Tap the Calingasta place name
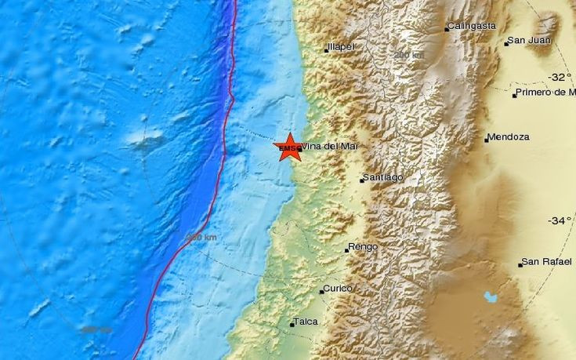pos(473,26)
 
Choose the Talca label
pos(306,322)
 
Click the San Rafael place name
pos(545,262)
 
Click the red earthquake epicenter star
pos(288,147)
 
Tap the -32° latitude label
pos(560,77)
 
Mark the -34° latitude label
pos(560,220)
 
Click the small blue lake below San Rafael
pos(491,297)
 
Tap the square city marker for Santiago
pos(363,180)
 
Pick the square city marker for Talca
pos(292,323)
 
